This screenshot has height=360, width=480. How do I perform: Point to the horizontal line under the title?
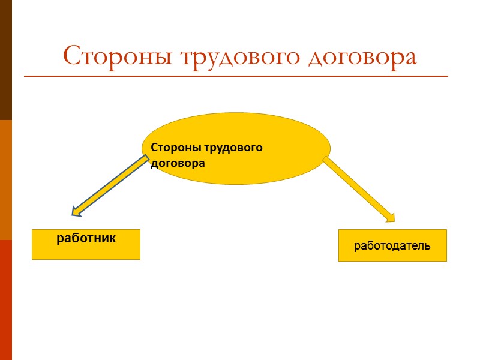pos(236,76)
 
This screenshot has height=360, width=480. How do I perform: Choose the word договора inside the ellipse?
pos(178,163)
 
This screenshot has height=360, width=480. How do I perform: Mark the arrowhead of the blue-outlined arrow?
pos(77,210)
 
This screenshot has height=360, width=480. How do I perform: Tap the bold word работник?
pos(86,238)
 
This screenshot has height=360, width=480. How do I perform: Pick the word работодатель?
pos(392,245)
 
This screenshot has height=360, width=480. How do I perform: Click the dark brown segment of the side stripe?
pos(5,60)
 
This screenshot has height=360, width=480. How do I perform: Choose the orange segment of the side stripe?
pos(5,180)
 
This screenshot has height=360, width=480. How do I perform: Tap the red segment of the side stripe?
pos(5,300)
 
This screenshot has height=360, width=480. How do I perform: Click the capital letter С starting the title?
pos(71,56)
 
